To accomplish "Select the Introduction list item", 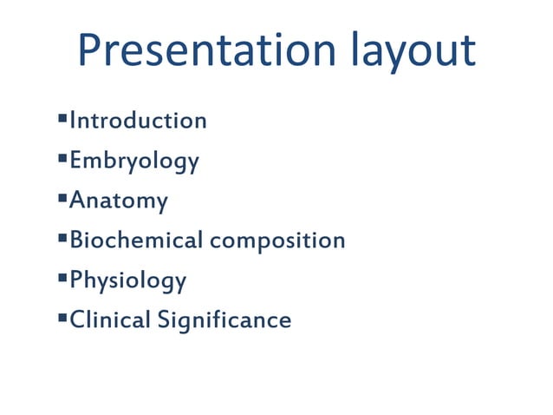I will pos(138,120).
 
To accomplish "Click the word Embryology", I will pos(134,161).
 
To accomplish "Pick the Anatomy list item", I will pos(119,201).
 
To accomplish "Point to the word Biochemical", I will pos(136,240).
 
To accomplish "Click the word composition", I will pos(277,241).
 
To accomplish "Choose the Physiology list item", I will pos(127,281).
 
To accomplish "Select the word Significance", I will pos(224,321).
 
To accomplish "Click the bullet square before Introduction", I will pos(63,117).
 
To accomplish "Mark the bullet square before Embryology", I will pos(63,157).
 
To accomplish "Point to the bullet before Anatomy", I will pos(63,197).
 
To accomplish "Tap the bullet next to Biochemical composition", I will pos(63,237).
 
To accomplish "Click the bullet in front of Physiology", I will pos(63,277).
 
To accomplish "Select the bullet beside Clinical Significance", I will pos(63,317).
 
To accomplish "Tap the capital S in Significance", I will pos(164,320).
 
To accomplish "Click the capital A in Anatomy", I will pos(77,201).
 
